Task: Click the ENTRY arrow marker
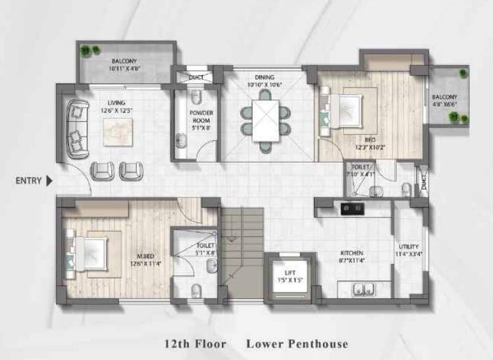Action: point(49,181)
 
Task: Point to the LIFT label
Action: point(290,272)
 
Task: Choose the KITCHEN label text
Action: point(352,253)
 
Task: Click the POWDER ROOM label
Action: point(201,116)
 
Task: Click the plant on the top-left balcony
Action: point(86,50)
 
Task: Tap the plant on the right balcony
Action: point(454,117)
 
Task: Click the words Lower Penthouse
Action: point(297,344)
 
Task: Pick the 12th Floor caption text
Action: point(195,344)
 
